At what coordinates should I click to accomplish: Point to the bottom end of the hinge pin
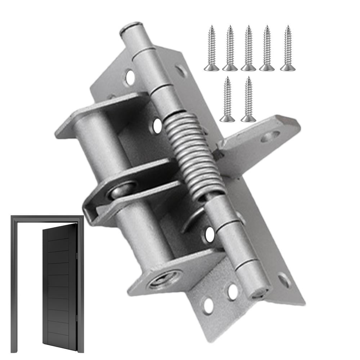(260, 292)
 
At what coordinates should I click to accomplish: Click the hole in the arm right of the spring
(270, 136)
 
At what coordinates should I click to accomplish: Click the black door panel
(59, 284)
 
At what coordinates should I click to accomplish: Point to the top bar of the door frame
(47, 219)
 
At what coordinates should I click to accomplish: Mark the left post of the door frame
(14, 284)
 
